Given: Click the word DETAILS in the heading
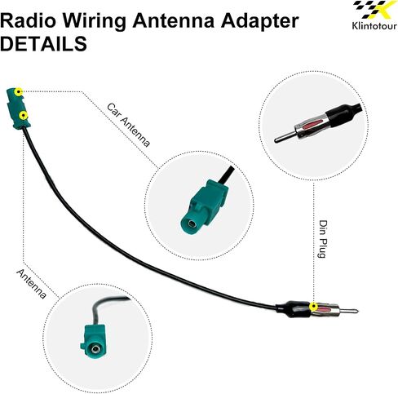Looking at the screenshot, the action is (x=43, y=44).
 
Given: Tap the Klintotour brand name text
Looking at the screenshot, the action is (x=374, y=26).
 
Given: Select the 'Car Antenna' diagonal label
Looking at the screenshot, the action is (x=128, y=125).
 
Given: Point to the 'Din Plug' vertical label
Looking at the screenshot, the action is (x=322, y=239).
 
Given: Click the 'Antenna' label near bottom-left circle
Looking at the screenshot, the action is (x=32, y=284).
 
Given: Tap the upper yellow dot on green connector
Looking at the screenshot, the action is (x=19, y=92).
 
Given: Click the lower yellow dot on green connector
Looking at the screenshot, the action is (x=24, y=116).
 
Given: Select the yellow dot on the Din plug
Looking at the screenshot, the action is (x=314, y=307).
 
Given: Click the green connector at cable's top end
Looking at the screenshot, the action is (x=19, y=108).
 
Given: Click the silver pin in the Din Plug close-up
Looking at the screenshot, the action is (x=284, y=137).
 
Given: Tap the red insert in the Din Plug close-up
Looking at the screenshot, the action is (x=312, y=123).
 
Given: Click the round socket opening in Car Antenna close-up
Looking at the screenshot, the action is (x=192, y=224).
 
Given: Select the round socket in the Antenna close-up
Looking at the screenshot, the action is (x=95, y=349).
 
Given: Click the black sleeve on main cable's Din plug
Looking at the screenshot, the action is (x=293, y=308).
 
